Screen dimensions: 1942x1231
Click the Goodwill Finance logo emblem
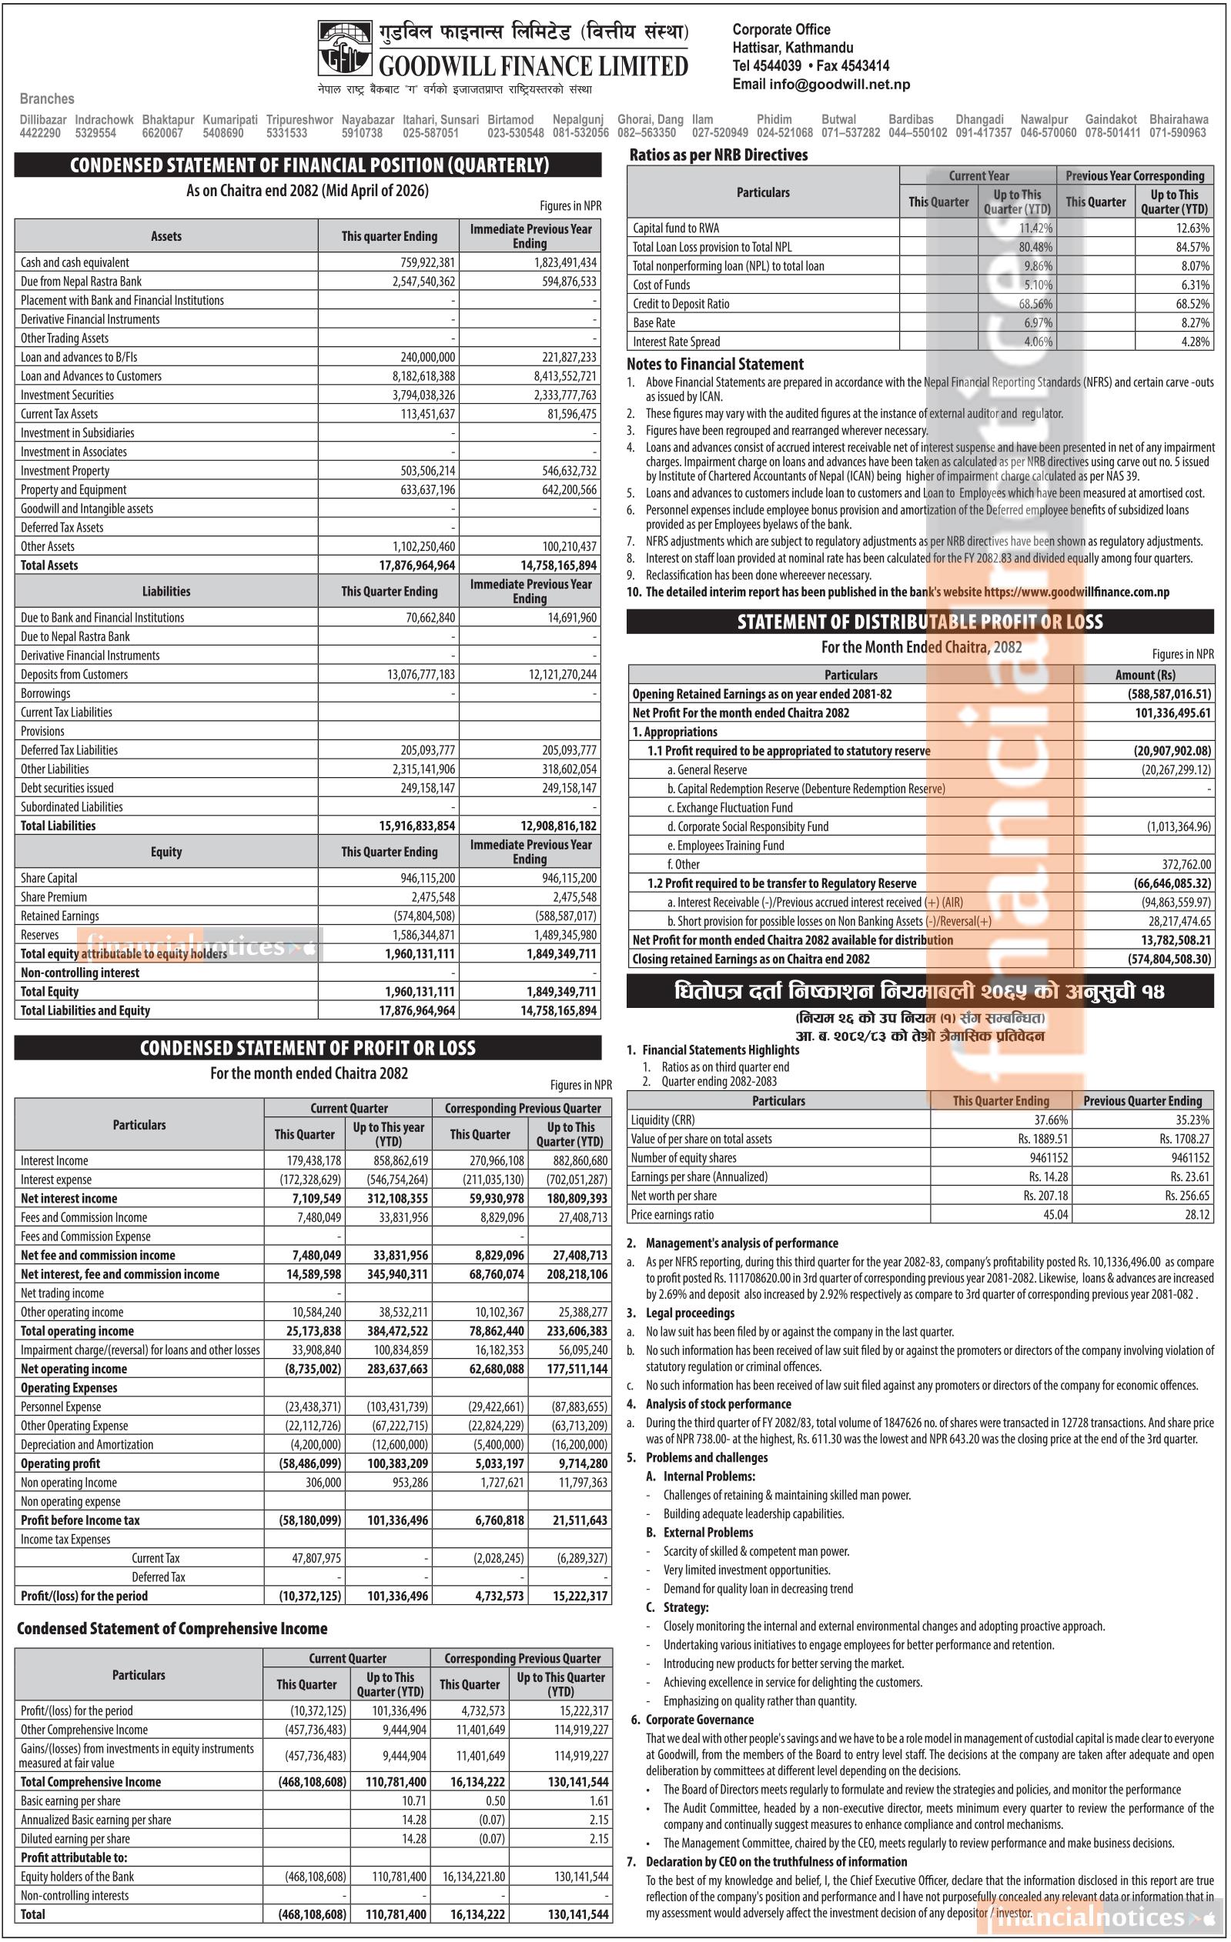coord(344,48)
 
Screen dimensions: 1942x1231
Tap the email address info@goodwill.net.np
coord(821,85)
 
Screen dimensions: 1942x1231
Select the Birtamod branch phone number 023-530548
coord(516,133)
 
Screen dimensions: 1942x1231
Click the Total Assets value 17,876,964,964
coord(416,566)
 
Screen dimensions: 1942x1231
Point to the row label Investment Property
coord(65,471)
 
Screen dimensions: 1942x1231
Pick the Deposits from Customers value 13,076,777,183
coord(420,675)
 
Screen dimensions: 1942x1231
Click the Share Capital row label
coord(49,878)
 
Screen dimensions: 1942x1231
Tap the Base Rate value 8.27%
coord(1193,322)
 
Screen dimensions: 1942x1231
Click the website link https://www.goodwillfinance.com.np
coord(1076,592)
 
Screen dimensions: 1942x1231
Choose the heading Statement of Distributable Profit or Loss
coord(920,622)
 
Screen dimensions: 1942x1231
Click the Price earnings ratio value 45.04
coord(1055,1215)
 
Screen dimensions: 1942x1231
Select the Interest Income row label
coord(55,1160)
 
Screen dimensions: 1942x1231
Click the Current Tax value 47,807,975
coord(316,1558)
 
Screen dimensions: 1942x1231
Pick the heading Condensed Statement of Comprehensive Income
coord(172,1628)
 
